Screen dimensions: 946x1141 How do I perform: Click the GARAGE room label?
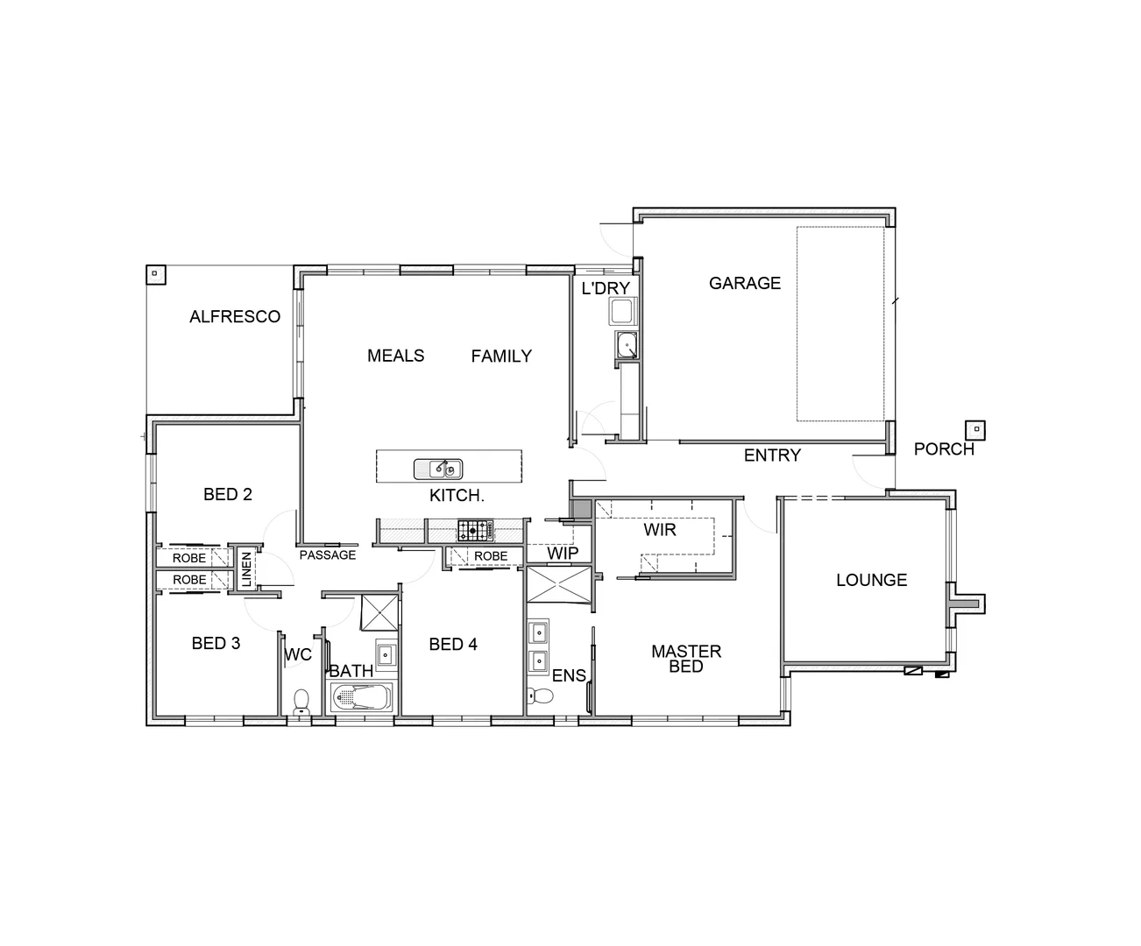click(x=744, y=283)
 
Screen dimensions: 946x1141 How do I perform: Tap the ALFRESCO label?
click(x=235, y=317)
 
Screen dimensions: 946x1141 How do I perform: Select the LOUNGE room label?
click(x=871, y=580)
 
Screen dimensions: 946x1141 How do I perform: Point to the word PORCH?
click(x=943, y=449)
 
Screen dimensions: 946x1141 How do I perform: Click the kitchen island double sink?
click(x=438, y=469)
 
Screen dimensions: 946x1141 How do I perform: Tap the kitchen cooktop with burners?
click(x=474, y=529)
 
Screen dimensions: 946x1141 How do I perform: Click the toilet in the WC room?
click(x=301, y=701)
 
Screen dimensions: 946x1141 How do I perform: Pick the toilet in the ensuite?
click(x=542, y=696)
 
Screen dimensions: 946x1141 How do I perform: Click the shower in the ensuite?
click(x=559, y=585)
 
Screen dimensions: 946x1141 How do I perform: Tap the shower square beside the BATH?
click(x=379, y=611)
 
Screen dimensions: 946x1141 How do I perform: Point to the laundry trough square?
click(x=622, y=312)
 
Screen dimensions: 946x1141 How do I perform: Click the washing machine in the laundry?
click(x=626, y=346)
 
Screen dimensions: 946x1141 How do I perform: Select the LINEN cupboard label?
click(x=246, y=569)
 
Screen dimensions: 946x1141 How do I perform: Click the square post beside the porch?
click(x=974, y=430)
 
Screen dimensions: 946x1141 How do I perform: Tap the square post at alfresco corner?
click(x=155, y=274)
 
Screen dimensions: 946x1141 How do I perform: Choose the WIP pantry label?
click(x=563, y=554)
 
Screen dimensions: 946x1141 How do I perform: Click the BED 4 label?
click(x=453, y=645)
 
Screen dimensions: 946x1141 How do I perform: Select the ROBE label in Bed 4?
click(x=491, y=556)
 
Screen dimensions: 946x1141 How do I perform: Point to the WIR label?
click(x=659, y=530)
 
